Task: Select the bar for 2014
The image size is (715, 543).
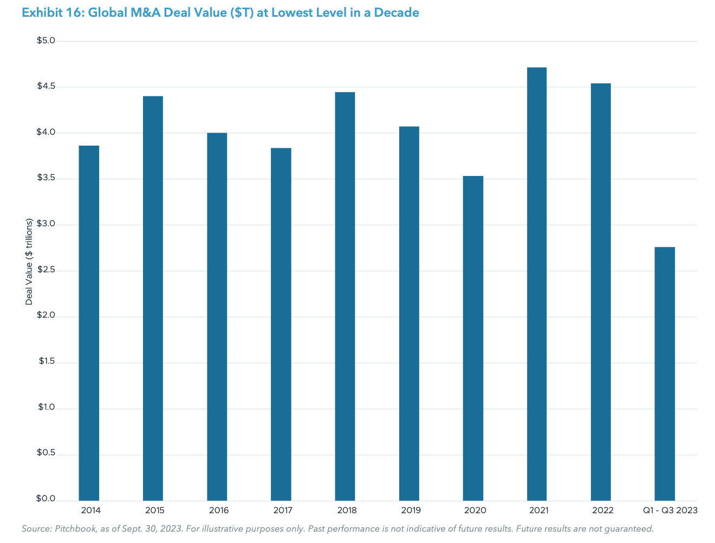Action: point(89,323)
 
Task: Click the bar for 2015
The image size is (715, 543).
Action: point(153,298)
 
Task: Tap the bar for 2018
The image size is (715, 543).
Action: point(345,296)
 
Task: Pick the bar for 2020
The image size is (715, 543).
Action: point(473,338)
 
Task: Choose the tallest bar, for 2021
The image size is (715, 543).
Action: point(537,284)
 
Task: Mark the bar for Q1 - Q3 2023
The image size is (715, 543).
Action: point(665,374)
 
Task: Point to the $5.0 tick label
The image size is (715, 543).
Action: point(46,41)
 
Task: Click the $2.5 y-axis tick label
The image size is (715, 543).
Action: point(46,270)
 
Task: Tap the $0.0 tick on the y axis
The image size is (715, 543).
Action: point(46,499)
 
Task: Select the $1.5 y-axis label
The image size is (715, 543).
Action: point(47,362)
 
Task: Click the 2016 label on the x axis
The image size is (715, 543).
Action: point(219,511)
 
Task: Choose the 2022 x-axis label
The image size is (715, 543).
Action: point(602,511)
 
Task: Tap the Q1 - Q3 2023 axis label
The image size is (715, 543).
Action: point(670,511)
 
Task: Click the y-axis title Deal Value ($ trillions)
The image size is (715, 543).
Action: point(29,261)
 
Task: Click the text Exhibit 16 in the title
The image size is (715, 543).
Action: point(47,12)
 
